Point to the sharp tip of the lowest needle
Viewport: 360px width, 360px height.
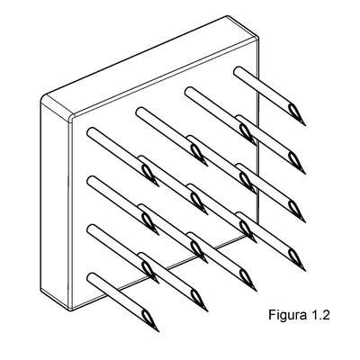click(158, 331)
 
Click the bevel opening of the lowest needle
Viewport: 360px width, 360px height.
click(147, 316)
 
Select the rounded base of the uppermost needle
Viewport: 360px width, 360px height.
click(238, 71)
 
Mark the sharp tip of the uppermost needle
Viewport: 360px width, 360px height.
click(305, 125)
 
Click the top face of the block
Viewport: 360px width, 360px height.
click(150, 66)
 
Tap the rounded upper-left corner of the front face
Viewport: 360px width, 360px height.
click(72, 119)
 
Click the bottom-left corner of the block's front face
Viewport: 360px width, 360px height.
click(71, 309)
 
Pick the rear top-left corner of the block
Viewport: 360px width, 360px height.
click(44, 97)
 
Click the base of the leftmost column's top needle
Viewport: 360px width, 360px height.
click(91, 132)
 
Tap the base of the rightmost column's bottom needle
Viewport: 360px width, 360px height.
click(239, 217)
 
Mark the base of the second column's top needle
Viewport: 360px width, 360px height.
click(140, 112)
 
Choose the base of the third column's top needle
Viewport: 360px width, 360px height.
click(189, 91)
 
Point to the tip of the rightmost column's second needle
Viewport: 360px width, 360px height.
click(305, 174)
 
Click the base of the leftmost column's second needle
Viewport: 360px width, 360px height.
click(91, 180)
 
